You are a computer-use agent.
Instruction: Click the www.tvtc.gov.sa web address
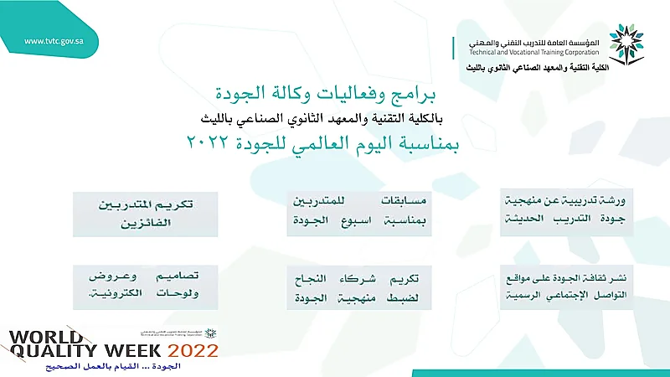[x=54, y=41]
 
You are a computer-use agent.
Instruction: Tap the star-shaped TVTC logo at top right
[x=626, y=44]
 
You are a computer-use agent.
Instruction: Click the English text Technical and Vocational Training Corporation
[x=534, y=52]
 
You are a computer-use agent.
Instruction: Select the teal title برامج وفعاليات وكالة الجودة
[x=326, y=93]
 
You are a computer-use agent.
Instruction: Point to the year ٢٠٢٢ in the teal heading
[x=208, y=142]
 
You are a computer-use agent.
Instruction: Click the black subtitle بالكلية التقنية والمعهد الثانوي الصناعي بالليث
[x=322, y=118]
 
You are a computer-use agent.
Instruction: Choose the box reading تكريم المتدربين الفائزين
[x=145, y=214]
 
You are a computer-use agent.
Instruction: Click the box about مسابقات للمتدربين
[x=359, y=214]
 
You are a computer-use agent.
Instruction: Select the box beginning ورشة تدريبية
[x=566, y=212]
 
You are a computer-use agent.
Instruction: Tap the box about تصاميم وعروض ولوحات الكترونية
[x=145, y=287]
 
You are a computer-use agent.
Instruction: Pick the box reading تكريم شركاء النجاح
[x=359, y=287]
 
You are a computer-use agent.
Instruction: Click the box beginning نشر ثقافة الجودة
[x=566, y=287]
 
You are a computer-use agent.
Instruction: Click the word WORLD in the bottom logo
[x=46, y=337]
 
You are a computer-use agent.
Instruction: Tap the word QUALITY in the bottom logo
[x=54, y=350]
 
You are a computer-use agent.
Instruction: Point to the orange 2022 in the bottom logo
[x=193, y=351]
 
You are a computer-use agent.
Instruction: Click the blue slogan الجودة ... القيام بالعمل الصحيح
[x=113, y=366]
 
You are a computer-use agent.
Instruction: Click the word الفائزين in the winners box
[x=146, y=223]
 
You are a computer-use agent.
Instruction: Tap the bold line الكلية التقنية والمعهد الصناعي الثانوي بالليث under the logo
[x=538, y=68]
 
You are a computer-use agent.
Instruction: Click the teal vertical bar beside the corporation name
[x=453, y=48]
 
